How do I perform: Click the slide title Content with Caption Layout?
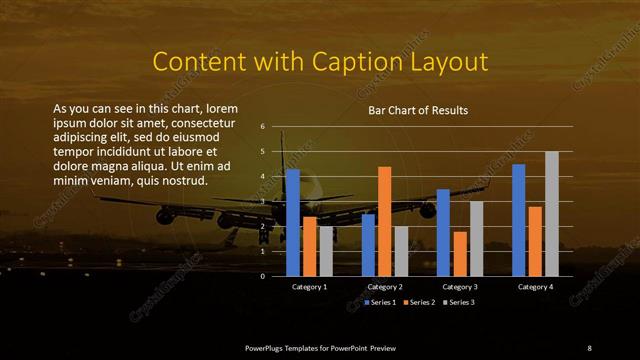pos(320,62)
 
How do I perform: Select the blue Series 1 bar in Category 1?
pos(292,222)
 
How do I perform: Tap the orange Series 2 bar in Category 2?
pos(384,221)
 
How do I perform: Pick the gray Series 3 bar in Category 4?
pos(551,213)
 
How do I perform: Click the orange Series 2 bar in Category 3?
pos(460,253)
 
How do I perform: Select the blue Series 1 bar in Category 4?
pos(518,220)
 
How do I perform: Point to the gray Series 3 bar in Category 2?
pos(401,251)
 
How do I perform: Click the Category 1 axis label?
pos(309,287)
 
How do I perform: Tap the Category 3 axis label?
pos(460,287)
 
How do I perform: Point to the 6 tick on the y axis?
pos(262,127)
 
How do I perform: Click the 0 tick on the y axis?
pos(262,276)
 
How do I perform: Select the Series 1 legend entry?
pos(381,302)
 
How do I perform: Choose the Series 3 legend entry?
pos(458,302)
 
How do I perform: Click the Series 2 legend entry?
pos(420,302)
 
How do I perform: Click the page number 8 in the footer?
pos(589,347)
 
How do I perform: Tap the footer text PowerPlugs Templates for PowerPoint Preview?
pos(320,347)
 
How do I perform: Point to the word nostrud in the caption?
pos(180,181)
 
